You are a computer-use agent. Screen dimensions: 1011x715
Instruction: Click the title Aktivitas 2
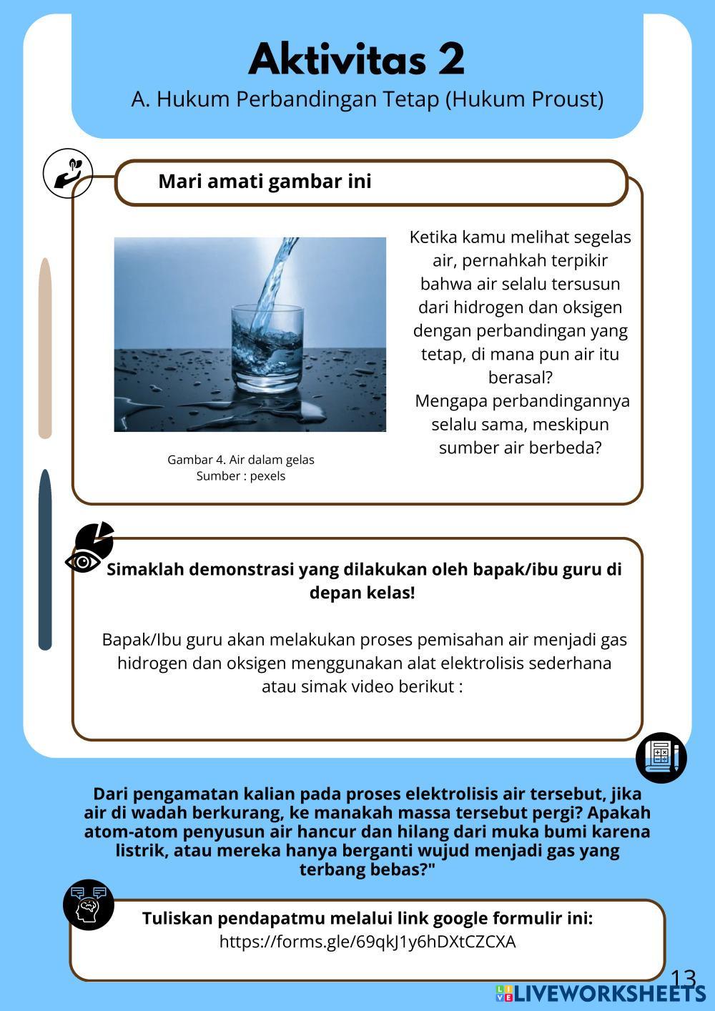(357, 59)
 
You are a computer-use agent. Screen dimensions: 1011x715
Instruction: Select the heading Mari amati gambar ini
(265, 182)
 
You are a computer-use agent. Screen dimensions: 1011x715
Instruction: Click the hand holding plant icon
(68, 174)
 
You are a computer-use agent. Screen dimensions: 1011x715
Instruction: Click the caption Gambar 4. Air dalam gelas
(241, 460)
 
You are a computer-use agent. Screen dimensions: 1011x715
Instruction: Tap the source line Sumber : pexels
(241, 476)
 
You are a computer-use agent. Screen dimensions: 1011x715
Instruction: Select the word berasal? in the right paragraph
(520, 378)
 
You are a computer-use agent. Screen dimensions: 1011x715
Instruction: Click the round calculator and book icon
(661, 757)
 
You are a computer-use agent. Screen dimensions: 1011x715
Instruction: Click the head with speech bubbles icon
(89, 904)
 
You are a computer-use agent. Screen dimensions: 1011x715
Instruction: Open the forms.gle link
(368, 942)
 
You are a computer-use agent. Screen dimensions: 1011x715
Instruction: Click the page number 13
(684, 979)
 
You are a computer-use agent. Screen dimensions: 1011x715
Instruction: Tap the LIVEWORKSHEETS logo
(601, 993)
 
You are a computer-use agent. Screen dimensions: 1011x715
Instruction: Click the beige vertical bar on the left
(45, 348)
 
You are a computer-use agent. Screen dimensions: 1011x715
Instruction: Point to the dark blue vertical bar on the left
(45, 560)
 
